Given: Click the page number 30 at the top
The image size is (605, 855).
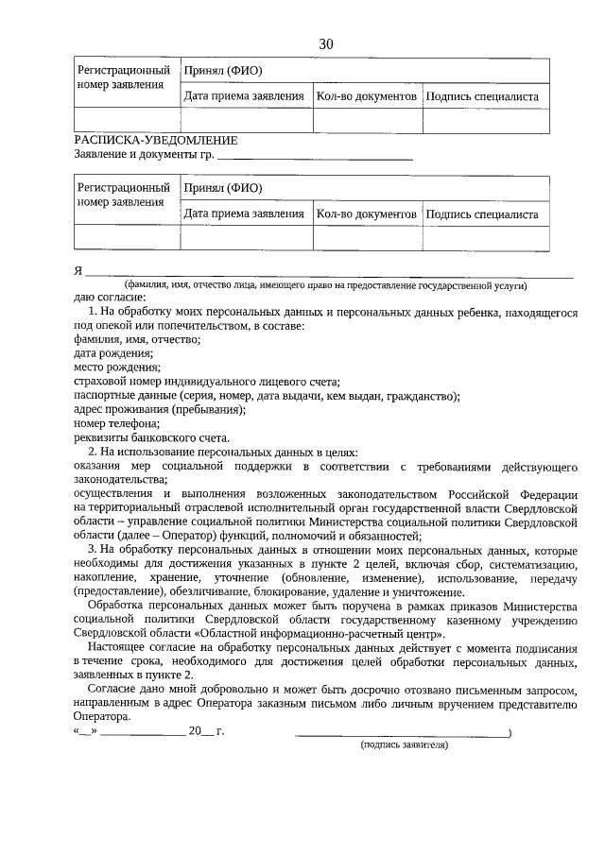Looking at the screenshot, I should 326,44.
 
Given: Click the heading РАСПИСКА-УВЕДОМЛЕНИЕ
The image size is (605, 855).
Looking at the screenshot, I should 155,140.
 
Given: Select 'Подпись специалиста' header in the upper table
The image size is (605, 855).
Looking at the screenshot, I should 482,96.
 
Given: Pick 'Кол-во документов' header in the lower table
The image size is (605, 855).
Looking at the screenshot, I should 366,214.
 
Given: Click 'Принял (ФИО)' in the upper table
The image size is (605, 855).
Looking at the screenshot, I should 223,70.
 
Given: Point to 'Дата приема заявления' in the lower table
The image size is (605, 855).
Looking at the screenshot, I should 244,214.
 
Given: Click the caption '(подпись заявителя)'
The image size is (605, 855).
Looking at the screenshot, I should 404,745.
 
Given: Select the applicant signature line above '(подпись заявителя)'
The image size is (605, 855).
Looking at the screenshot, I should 402,733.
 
